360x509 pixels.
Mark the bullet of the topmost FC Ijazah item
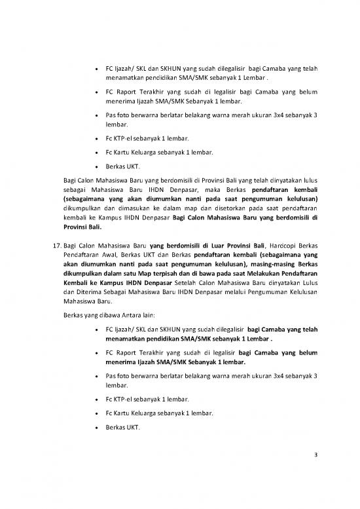point(98,67)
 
